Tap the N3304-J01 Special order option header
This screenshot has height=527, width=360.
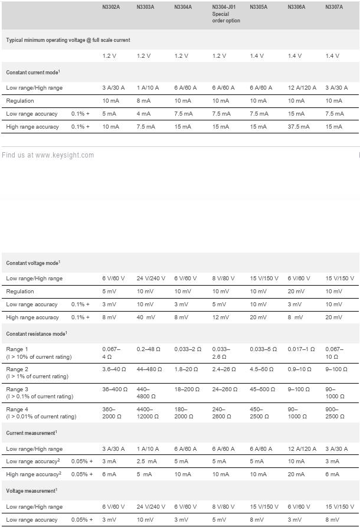(225, 14)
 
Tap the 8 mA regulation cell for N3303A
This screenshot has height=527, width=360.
(143, 101)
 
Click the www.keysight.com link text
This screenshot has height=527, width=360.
(64, 155)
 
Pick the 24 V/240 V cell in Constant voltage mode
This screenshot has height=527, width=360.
(152, 279)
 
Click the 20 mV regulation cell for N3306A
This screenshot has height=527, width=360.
(296, 292)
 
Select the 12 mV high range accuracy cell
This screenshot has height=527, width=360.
(221, 317)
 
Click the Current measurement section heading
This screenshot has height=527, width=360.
(31, 433)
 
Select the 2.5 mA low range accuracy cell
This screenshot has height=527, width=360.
(148, 461)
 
